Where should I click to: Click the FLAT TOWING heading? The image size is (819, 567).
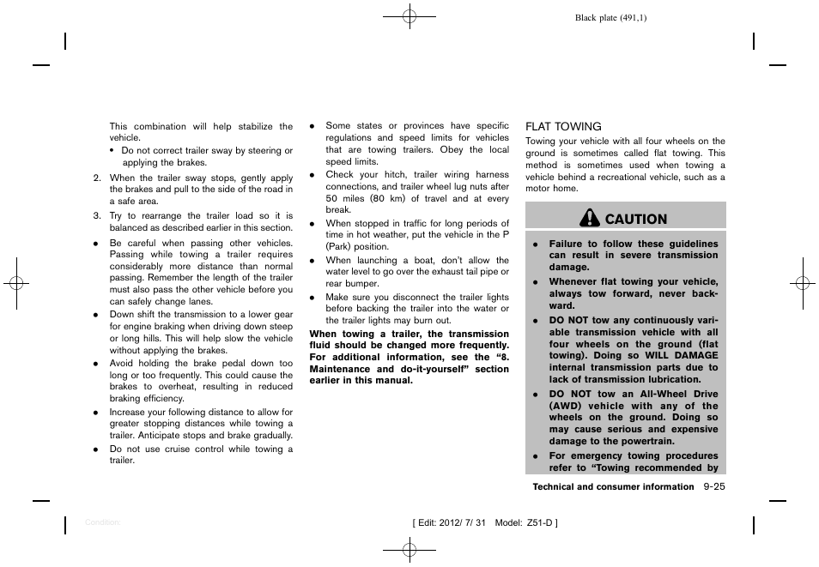point(563,126)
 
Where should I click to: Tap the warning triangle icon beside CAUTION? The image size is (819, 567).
point(590,219)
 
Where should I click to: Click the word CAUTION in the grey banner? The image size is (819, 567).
point(635,219)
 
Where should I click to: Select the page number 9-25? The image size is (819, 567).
point(713,486)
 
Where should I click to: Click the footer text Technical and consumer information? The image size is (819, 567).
point(613,486)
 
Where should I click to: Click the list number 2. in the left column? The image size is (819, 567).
point(98,178)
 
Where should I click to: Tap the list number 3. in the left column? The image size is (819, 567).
point(98,216)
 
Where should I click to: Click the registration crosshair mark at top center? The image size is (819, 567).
point(409,15)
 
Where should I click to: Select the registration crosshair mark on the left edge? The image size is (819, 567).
point(15,283)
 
